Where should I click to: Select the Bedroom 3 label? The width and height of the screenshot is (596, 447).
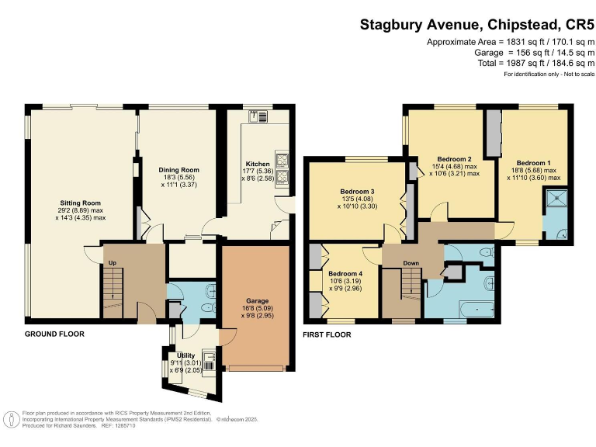point(358,191)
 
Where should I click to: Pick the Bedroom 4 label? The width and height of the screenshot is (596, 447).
point(345,274)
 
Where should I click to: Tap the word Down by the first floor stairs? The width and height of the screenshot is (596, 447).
point(411,263)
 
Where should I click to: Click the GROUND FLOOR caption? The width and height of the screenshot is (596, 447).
point(54,334)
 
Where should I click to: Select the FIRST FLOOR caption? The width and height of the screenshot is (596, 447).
point(327,335)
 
